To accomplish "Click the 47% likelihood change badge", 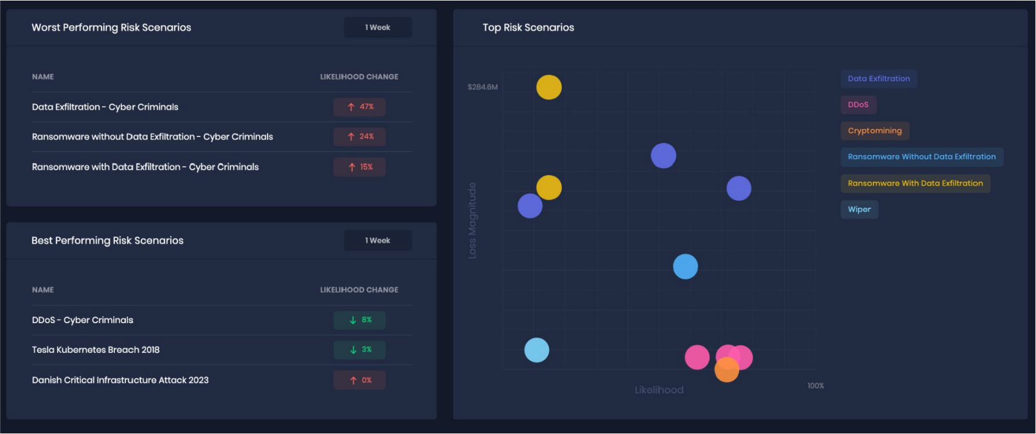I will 359,107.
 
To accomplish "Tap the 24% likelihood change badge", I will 359,137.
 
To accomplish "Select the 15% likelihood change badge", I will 359,167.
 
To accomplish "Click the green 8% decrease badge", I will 359,320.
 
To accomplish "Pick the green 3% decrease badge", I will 359,350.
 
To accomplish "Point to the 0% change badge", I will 359,381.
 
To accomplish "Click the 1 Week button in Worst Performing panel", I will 378,27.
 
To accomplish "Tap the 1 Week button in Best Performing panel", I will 378,240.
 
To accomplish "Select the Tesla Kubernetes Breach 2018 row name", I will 96,350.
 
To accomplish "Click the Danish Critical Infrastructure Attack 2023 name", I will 120,380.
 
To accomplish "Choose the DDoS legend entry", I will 858,105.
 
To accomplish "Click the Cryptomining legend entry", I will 875,131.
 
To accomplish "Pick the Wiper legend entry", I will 859,209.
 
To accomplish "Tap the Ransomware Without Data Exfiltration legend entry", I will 922,157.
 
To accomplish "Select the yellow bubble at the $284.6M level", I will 548,88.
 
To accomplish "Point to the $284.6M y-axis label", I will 483,87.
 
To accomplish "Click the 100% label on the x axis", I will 815,386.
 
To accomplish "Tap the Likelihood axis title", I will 659,390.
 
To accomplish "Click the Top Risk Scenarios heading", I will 528,27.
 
